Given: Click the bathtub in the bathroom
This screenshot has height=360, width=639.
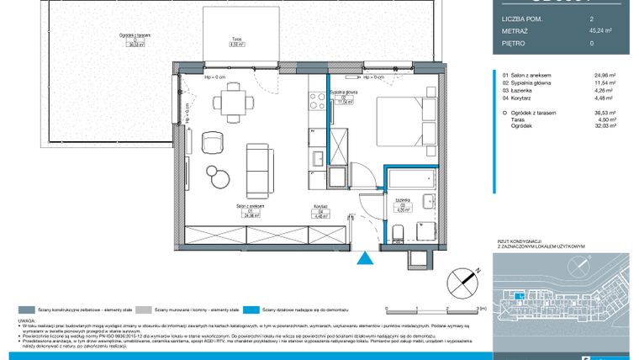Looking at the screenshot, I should (409, 179).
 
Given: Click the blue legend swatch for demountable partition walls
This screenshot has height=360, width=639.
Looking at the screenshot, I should (253, 310).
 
